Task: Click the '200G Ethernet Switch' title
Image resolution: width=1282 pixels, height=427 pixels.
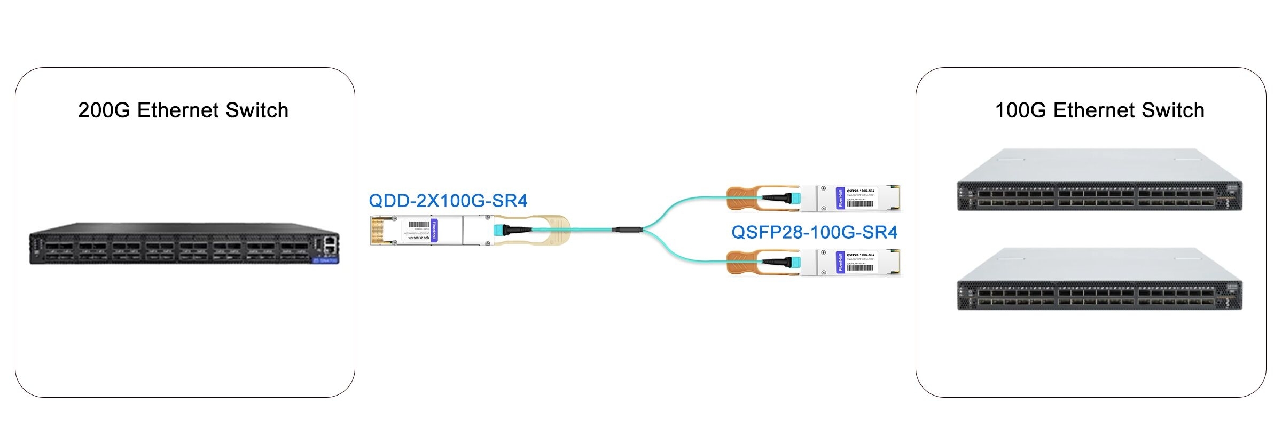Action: tap(183, 110)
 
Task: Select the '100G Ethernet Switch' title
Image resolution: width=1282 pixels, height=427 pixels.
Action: tap(1099, 110)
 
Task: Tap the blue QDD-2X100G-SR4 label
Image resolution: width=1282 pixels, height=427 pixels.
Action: tap(448, 201)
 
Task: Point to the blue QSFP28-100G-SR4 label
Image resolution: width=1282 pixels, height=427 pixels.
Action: tap(814, 232)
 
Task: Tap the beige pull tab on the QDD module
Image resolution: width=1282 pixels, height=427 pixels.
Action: tap(556, 230)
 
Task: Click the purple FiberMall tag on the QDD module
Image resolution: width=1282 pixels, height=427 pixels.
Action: tap(434, 231)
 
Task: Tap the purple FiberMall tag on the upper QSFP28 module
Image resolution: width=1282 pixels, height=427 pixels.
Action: tap(840, 198)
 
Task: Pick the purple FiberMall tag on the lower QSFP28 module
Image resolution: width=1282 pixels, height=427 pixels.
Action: tap(840, 263)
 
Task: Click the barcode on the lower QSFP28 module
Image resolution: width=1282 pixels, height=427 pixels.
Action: tap(860, 267)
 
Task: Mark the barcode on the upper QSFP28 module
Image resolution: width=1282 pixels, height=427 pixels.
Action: tap(860, 203)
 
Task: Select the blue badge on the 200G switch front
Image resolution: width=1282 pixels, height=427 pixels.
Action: tap(325, 260)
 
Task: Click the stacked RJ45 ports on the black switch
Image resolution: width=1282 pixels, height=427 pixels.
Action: tap(331, 245)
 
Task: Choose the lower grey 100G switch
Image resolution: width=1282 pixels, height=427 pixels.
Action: tap(1099, 280)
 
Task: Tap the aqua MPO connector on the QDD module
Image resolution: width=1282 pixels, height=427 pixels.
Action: tap(499, 230)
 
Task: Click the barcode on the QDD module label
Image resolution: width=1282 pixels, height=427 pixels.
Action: tap(419, 225)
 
